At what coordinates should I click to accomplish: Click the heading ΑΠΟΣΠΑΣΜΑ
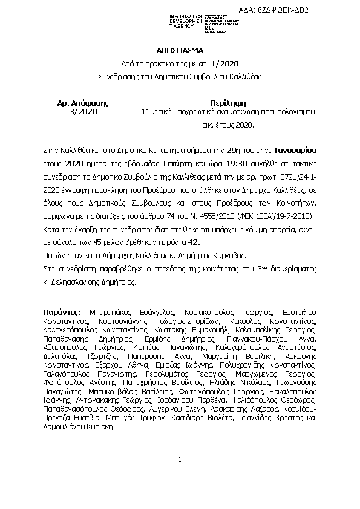click(x=180, y=51)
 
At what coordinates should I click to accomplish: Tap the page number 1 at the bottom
click(x=180, y=477)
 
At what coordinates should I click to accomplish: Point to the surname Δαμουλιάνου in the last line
click(x=68, y=427)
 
